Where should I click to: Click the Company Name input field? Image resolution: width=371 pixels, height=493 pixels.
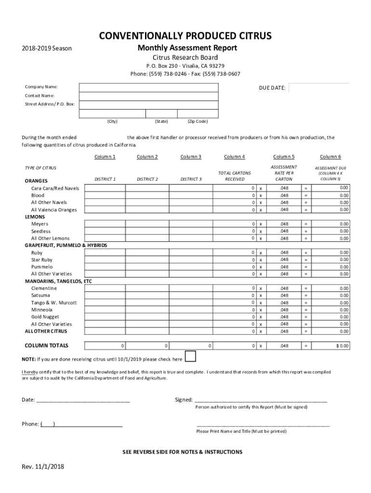(149, 87)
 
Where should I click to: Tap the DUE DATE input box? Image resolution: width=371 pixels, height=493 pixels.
(318, 89)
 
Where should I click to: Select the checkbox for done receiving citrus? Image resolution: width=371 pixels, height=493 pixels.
(191, 356)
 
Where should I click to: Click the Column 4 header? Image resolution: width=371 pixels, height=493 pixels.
(235, 156)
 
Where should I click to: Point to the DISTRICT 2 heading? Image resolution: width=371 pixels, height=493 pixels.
(147, 179)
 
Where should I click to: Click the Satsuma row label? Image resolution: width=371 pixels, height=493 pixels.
(40, 295)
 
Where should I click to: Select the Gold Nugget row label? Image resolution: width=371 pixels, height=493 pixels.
(45, 317)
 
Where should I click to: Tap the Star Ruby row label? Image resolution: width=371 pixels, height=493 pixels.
(42, 259)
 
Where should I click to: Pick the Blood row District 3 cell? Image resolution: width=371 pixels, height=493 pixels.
(191, 195)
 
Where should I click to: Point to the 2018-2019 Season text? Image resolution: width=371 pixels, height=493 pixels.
(47, 49)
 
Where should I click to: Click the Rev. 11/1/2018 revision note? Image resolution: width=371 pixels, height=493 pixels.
(43, 467)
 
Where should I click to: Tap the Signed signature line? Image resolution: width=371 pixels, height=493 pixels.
(260, 400)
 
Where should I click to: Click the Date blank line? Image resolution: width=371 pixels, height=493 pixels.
(83, 400)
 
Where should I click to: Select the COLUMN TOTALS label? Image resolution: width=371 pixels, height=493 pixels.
(46, 346)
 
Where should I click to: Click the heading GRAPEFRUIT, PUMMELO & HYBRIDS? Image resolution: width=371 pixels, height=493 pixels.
(66, 246)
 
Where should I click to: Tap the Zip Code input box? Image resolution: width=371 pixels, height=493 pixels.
(198, 114)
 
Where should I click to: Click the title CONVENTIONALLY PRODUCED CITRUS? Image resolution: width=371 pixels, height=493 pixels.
(185, 36)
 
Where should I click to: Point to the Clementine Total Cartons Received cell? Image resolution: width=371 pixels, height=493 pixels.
(235, 288)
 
